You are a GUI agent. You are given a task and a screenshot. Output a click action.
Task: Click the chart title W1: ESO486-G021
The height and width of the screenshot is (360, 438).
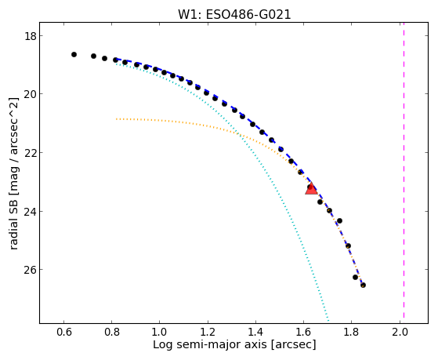234,15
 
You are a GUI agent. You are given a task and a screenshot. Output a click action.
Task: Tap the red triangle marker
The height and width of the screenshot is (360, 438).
311,188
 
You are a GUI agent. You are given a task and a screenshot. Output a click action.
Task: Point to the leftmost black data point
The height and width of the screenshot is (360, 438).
74,55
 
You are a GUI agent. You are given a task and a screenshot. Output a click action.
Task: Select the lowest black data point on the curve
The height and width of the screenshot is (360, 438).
363,285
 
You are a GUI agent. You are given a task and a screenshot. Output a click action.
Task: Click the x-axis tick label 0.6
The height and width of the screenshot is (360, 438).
64,333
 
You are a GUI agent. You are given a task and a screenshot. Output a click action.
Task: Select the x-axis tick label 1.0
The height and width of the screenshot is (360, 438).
160,333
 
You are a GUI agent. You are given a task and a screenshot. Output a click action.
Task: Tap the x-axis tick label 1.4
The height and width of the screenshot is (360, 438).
255,333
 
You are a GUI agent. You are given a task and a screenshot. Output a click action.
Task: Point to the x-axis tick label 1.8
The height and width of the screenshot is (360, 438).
351,333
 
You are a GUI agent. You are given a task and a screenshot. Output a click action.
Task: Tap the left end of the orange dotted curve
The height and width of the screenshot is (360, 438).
116,119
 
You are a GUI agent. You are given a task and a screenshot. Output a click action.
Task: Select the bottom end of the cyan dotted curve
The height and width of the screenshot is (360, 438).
328,321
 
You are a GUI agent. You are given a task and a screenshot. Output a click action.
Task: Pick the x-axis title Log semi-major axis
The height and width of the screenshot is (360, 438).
209,344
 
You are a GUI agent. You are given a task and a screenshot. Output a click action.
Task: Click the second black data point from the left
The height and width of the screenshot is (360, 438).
93,56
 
